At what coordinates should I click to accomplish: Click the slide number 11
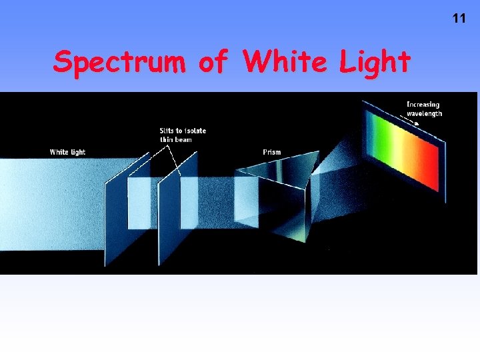(x=459, y=19)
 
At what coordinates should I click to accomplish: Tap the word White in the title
(x=285, y=62)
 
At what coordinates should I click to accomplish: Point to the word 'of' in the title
(x=213, y=62)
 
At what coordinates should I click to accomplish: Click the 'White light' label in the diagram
(x=67, y=152)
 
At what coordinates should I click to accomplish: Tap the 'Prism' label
(x=272, y=152)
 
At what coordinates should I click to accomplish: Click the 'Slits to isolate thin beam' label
(x=183, y=135)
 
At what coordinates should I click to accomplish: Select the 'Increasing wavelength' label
(x=424, y=109)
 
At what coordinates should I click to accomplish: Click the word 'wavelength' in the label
(x=424, y=113)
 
